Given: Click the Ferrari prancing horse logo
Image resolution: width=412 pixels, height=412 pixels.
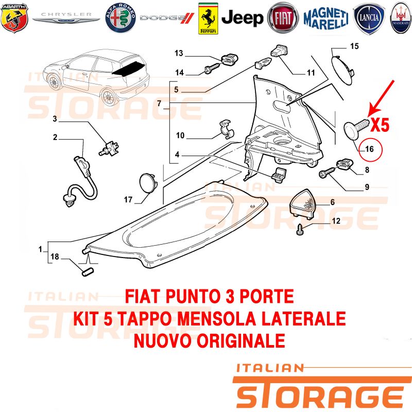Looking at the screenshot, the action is point(208,19).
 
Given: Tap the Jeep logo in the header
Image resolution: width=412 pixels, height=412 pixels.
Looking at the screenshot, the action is point(242,18).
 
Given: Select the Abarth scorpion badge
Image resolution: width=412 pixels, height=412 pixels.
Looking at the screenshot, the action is point(14,18).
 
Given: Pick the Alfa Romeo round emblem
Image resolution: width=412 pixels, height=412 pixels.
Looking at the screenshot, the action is point(121,18).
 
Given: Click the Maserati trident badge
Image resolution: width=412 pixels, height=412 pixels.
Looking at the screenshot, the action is point(401,18).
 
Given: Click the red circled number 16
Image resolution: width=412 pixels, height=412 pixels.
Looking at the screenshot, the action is point(371,149).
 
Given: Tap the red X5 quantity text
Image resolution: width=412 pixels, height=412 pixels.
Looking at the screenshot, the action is point(380,125).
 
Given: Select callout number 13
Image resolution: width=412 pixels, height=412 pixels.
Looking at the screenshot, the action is point(179,54).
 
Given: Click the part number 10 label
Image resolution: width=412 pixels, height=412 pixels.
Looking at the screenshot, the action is point(180,135).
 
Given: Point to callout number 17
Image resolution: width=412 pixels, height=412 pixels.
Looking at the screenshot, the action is point(128,200).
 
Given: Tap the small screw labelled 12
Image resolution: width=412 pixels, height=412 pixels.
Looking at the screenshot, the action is point(300,230).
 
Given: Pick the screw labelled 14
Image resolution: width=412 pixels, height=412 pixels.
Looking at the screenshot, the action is point(212,68).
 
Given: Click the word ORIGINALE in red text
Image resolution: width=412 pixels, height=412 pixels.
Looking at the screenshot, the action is point(241,341).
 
